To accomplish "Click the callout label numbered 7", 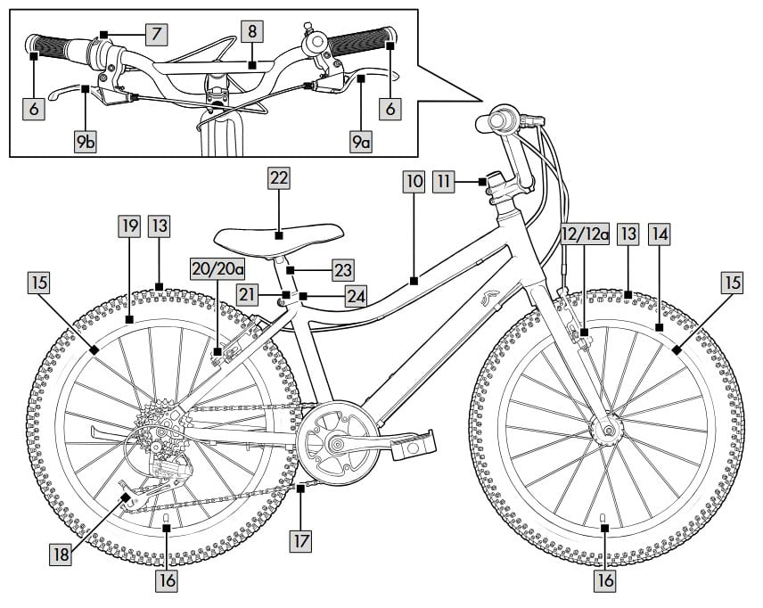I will [157, 34].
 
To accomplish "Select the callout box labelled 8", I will [252, 32].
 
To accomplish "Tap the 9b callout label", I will [85, 142].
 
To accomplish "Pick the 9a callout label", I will [360, 142].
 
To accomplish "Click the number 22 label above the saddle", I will [279, 178].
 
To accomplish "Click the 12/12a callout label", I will [585, 234].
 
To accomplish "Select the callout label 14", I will [660, 234].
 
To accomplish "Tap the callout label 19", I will [129, 226].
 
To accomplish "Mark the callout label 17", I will [301, 539].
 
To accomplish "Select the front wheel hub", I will [608, 431].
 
